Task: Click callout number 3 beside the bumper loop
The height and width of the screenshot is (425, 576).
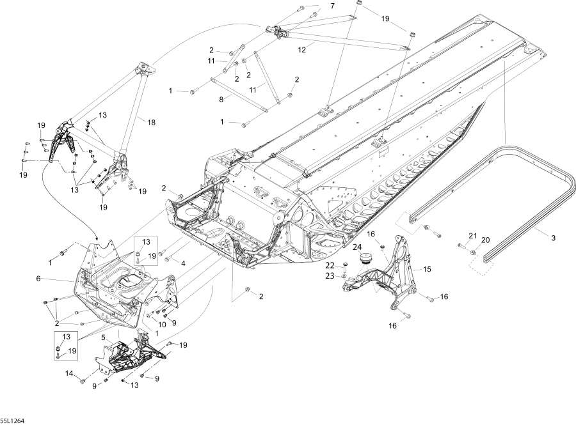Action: [554, 238]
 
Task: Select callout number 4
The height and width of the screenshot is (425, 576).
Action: [183, 263]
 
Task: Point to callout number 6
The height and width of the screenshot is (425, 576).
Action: [38, 279]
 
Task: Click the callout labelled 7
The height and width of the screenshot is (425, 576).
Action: [332, 6]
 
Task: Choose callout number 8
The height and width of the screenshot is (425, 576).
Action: [221, 99]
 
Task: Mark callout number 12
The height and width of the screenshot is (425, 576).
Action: [302, 48]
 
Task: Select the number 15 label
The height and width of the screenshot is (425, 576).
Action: [427, 270]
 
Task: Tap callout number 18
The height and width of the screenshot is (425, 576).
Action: [152, 121]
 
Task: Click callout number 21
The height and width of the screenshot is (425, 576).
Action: [473, 236]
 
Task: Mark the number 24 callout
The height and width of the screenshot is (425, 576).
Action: [358, 247]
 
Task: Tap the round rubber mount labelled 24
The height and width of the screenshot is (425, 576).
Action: [385, 258]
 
